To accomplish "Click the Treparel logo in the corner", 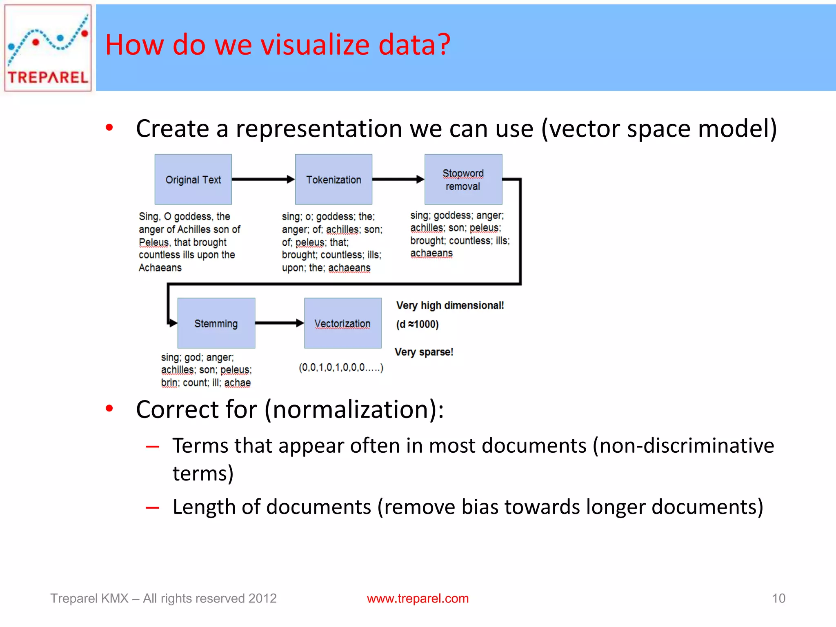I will pos(48,48).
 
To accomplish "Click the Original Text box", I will pos(193,179).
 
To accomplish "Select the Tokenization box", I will pos(334,179).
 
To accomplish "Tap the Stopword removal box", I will pos(463,179).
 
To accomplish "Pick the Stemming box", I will pos(216,323).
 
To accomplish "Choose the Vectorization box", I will pos(342,323).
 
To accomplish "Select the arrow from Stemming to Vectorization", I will pos(279,323).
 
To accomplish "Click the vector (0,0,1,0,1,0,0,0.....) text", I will pos(341,367).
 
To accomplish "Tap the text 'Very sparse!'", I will pos(424,352).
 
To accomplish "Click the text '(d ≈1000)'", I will pos(417,325).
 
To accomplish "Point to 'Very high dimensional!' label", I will pos(450,305).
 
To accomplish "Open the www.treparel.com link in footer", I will pos(418,598).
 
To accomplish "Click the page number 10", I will pos(778,598).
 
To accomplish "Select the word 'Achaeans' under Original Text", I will pos(160,268).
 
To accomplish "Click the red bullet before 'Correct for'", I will pos(109,408).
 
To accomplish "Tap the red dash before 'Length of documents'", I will pos(152,508).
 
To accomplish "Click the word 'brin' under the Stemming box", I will pos(169,383).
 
